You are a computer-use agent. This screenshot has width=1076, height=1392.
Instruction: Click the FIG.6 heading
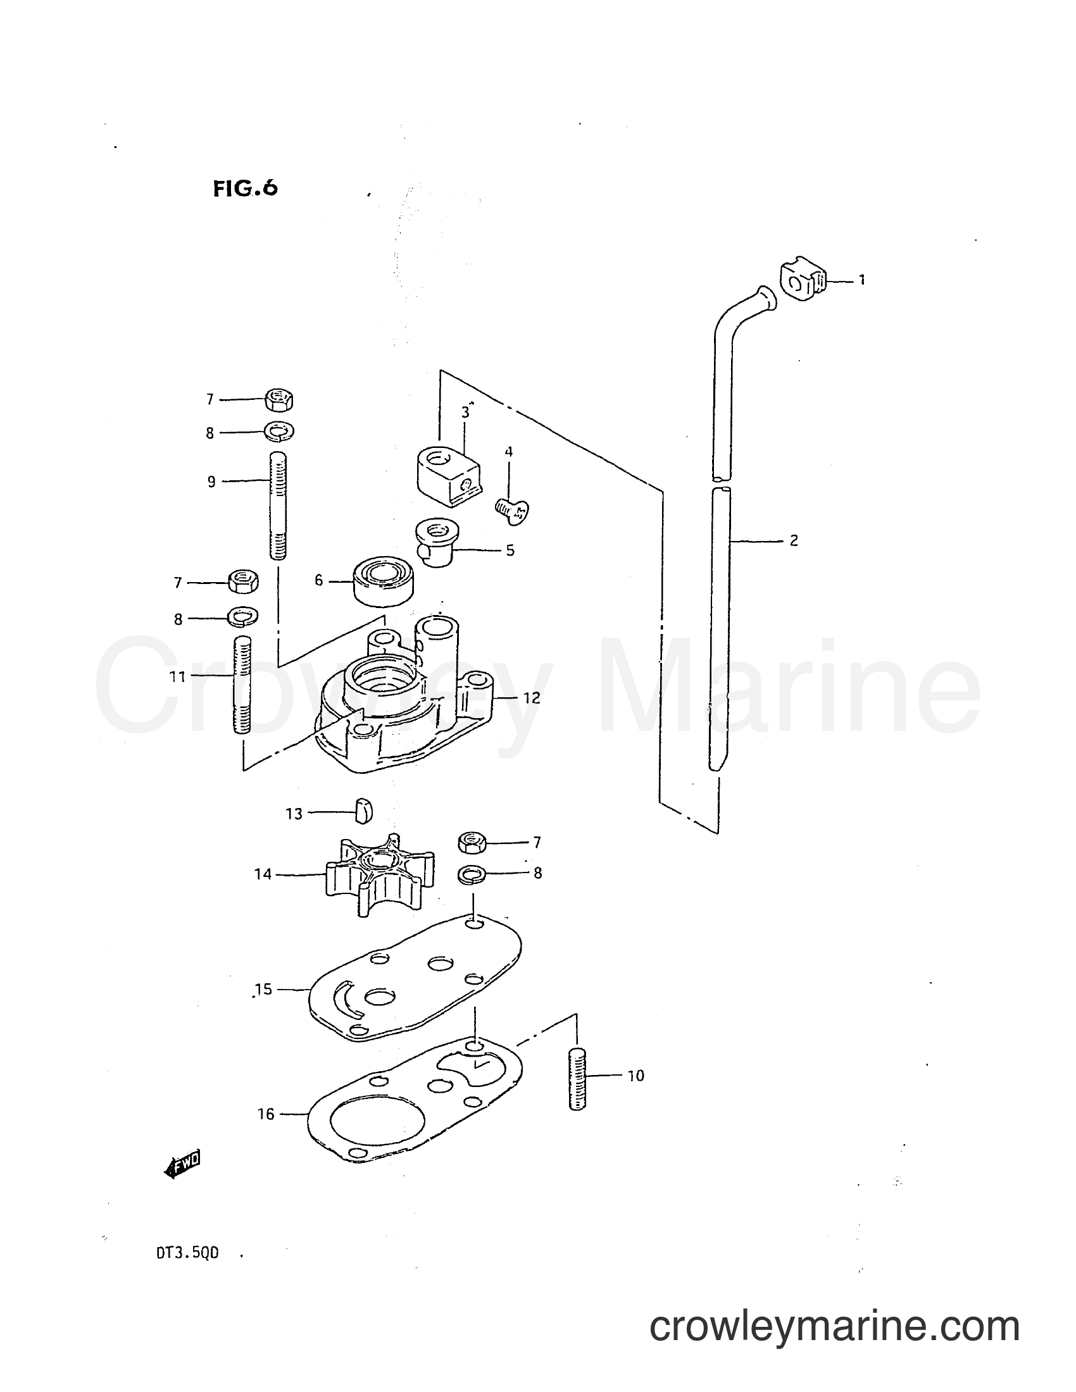point(246,189)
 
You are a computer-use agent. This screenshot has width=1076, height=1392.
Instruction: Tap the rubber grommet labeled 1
point(803,280)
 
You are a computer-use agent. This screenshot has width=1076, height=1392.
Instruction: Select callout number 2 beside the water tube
point(794,541)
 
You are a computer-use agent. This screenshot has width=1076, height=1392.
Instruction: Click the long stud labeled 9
point(278,505)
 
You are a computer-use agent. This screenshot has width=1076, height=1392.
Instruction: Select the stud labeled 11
point(243,685)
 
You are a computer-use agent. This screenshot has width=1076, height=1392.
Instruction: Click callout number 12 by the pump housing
point(531,698)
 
